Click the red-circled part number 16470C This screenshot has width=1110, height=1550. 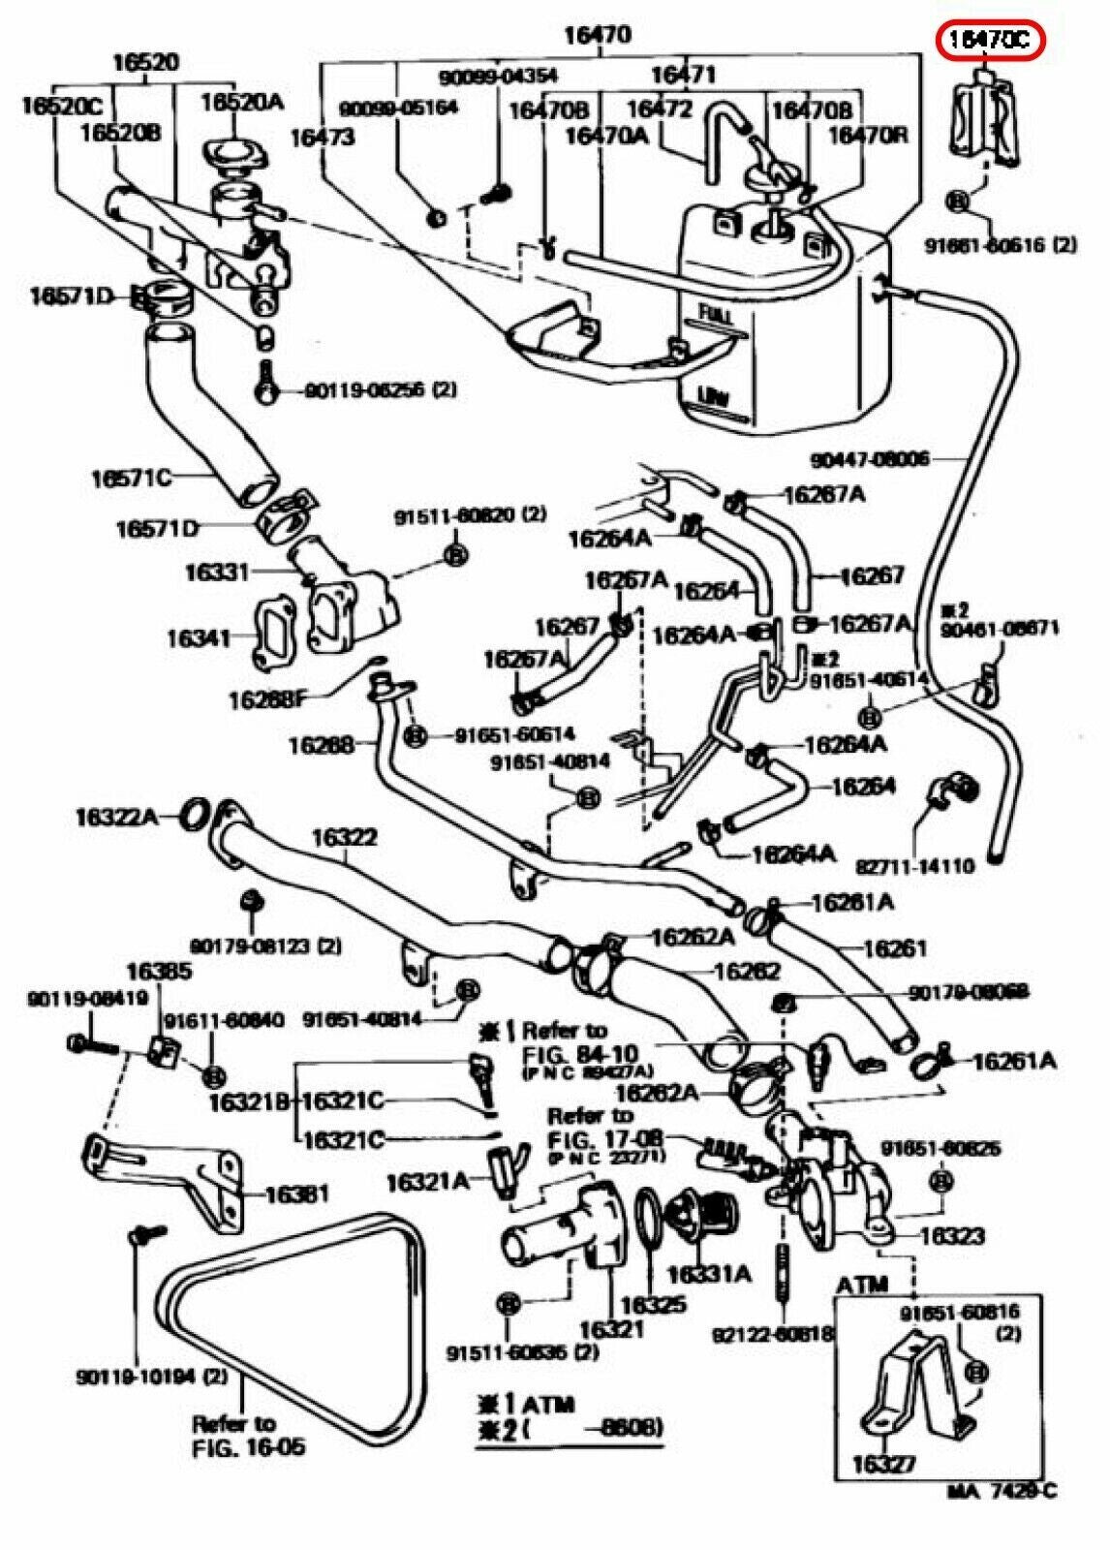coord(991,40)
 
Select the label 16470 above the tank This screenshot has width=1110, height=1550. coord(598,36)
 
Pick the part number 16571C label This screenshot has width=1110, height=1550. coord(131,477)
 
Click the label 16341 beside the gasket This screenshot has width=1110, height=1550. coord(198,637)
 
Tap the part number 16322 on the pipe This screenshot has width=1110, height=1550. coord(344,837)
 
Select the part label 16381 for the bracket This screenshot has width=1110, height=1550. coord(296,1194)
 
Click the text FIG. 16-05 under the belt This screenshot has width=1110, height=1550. coord(249,1447)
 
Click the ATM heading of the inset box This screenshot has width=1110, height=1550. coord(862,1285)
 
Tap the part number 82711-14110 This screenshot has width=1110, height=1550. coord(914,865)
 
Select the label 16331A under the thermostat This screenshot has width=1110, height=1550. coord(708,1273)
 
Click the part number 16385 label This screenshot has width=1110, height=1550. coord(159,971)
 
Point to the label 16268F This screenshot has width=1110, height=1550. coord(267,697)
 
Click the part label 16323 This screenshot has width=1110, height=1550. coord(952,1235)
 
